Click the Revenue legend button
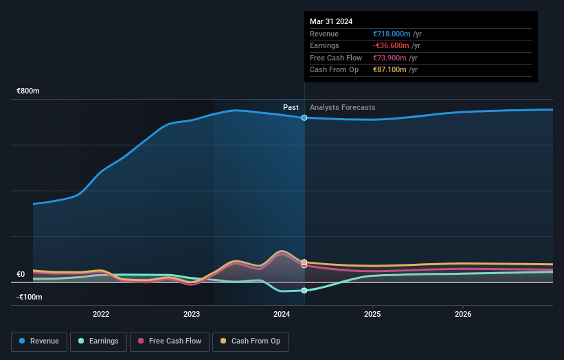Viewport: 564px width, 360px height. point(39,341)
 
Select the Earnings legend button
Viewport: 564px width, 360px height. point(98,341)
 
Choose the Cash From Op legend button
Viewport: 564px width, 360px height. point(250,341)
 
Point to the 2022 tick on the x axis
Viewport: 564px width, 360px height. point(101,315)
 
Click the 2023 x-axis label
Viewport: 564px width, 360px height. point(192,315)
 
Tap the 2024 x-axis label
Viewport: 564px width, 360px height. point(282,315)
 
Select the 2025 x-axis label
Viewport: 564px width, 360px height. point(372,315)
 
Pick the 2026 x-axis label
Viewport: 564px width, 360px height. point(463,315)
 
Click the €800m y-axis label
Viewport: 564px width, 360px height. point(29,91)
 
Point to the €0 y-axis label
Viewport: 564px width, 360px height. point(21,274)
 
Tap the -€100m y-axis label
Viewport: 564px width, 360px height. point(29,297)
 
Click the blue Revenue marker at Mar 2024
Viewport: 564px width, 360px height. point(304,117)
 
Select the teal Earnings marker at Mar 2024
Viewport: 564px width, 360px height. point(304,291)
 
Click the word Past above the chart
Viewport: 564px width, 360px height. point(291,107)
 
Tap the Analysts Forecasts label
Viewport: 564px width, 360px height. point(343,107)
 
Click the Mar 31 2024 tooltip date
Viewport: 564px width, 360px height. point(331,21)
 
